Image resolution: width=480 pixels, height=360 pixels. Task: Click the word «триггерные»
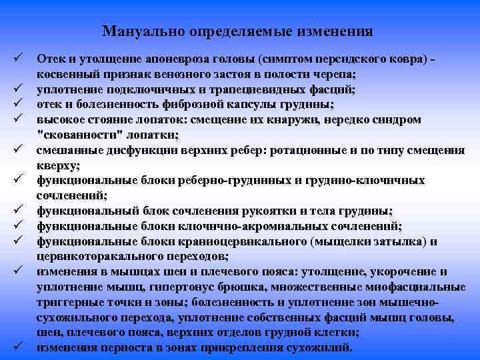click(71, 302)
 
